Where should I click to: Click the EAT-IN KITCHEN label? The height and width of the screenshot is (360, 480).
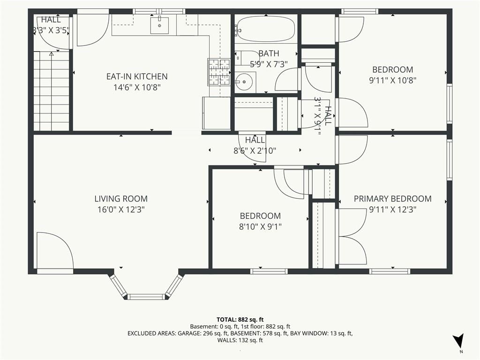137,76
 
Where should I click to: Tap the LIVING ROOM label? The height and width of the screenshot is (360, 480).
121,199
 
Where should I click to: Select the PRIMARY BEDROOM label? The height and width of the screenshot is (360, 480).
393,199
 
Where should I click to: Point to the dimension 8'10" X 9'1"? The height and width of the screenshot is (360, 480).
260,227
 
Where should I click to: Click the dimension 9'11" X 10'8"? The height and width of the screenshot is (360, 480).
393,80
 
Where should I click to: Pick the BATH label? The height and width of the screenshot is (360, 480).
269,53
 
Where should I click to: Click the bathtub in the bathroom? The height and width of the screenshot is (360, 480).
266,29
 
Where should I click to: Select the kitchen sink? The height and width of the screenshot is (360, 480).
159,25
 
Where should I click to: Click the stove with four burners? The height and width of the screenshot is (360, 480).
219,72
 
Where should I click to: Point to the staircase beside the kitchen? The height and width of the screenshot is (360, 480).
52,91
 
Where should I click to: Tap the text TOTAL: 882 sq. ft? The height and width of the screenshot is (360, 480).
240,320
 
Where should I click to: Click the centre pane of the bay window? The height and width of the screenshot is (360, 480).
146,297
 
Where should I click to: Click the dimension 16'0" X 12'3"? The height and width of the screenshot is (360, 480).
121,210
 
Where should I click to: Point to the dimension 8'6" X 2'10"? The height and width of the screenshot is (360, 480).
255,150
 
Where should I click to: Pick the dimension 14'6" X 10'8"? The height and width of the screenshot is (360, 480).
137,87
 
